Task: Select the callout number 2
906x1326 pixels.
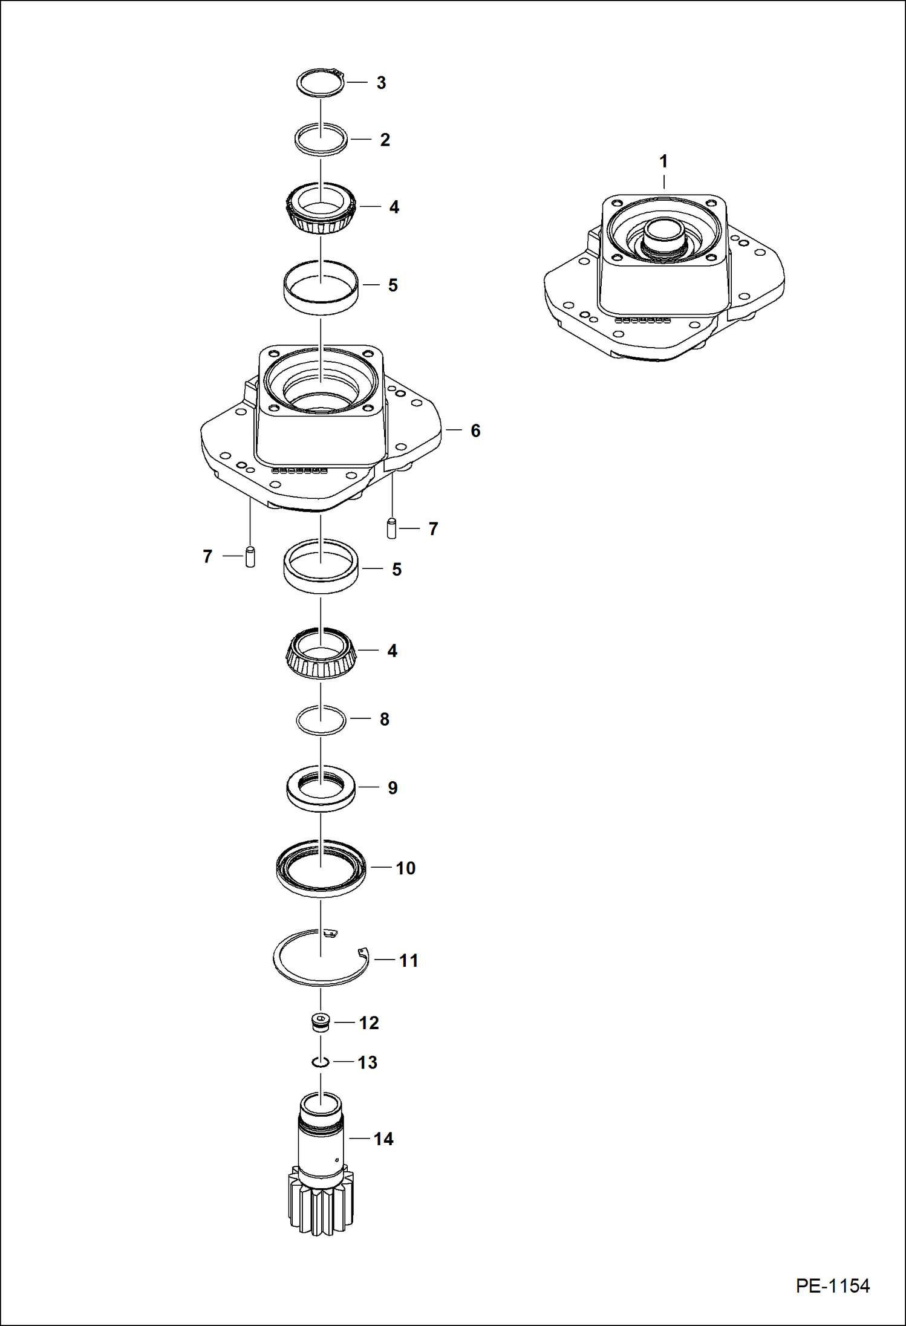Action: [x=385, y=140]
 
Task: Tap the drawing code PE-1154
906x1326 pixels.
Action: [x=832, y=1285]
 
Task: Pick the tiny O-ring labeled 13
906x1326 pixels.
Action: [x=321, y=1062]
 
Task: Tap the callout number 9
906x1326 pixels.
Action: [x=393, y=788]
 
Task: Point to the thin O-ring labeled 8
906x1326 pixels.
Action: [x=321, y=720]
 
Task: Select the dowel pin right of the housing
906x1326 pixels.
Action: [x=391, y=528]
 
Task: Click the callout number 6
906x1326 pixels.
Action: [x=475, y=431]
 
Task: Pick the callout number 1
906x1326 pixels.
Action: [x=663, y=161]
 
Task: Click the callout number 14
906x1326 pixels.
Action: [x=383, y=1139]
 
